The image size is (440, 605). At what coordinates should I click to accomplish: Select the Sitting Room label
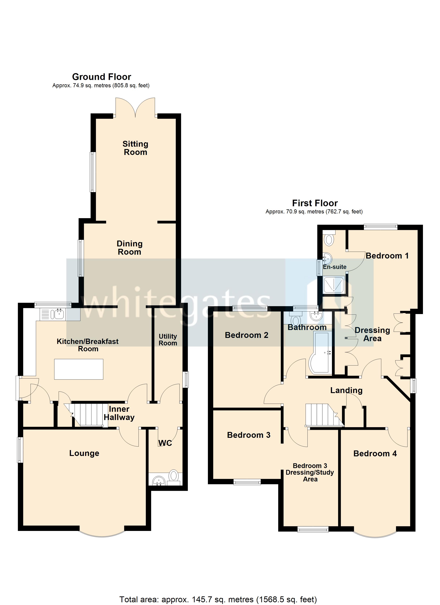click(135, 148)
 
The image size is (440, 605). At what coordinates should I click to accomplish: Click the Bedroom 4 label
click(375, 454)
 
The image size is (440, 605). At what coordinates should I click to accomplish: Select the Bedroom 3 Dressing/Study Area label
click(310, 472)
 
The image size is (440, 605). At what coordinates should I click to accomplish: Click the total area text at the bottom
click(218, 599)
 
